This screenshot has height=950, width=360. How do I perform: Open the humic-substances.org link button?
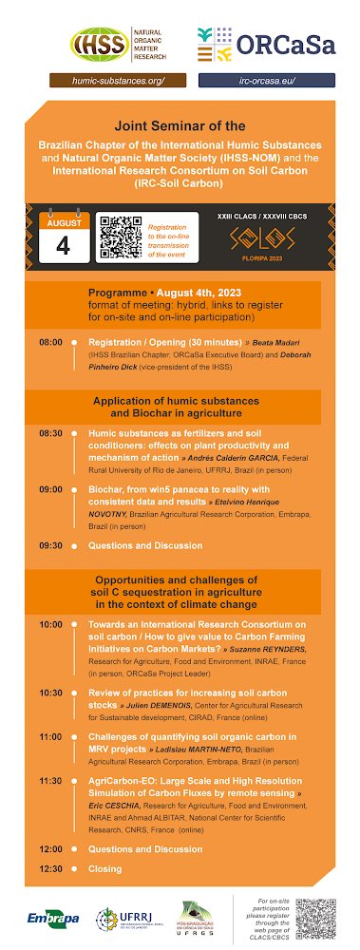coord(118,81)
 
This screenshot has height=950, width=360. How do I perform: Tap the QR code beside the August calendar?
coord(121,237)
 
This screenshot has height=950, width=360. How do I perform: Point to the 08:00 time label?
coord(50,341)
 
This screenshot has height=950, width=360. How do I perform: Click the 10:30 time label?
coord(50,693)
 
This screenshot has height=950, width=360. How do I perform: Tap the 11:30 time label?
coord(50,780)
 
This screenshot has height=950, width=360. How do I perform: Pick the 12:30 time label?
coord(50,868)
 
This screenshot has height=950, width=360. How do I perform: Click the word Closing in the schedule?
coord(106,868)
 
